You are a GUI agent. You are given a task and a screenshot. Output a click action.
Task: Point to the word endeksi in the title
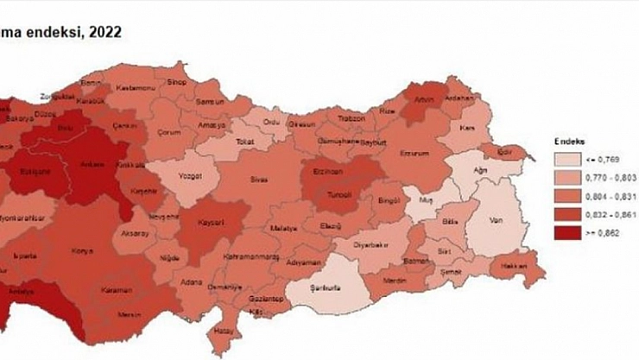pyautogui.click(x=51, y=33)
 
